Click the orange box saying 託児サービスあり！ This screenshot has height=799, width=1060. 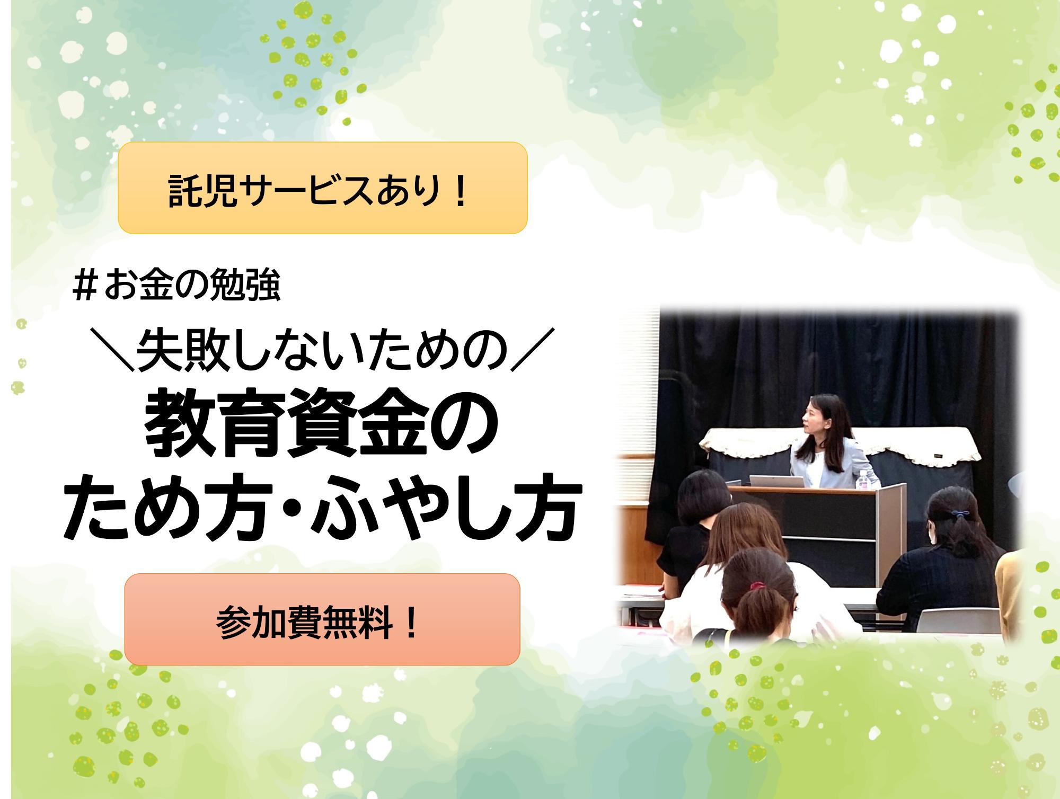point(322,188)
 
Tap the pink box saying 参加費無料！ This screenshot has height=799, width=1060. point(322,619)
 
